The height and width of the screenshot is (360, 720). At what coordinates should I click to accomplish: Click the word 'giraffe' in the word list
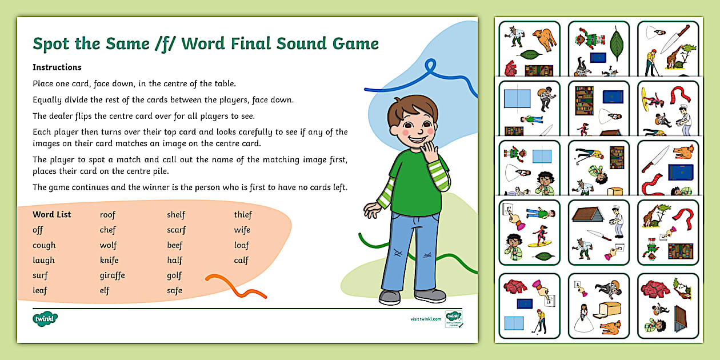coord(112,275)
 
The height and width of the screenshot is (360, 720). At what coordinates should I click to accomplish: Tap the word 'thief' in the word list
coord(243,215)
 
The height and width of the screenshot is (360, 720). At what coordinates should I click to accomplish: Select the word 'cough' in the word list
coord(44,245)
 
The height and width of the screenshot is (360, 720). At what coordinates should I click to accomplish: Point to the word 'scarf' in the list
coord(176,230)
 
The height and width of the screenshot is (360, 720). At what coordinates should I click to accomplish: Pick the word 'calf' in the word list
coord(241,260)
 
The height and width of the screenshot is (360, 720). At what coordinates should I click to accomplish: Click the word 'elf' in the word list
coord(105,290)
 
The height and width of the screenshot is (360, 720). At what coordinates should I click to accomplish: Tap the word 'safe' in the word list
coord(174,290)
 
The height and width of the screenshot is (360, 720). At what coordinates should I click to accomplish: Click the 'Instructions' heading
coord(57,67)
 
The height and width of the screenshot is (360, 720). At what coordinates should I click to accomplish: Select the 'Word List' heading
coord(52,215)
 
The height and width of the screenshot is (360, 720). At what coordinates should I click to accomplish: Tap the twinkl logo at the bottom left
coord(46,319)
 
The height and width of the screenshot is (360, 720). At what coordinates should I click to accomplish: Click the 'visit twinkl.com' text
coord(426,319)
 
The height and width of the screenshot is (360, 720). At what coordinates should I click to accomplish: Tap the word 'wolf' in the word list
coord(108,245)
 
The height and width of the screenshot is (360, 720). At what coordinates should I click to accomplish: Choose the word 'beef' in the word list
coord(175,245)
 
